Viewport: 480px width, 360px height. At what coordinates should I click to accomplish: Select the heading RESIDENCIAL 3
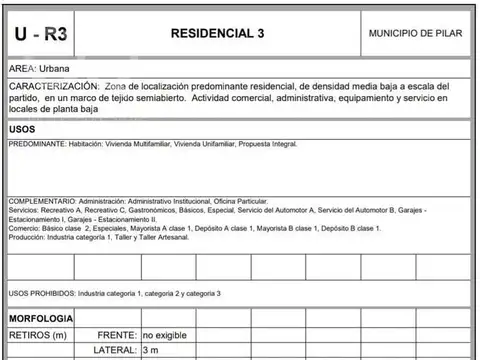(218, 33)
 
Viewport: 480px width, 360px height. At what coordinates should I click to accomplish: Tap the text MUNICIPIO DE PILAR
(415, 33)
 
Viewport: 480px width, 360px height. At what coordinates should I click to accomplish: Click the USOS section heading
(23, 130)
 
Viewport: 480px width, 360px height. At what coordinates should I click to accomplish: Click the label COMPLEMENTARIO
(41, 201)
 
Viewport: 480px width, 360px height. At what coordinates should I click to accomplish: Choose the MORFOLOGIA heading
(41, 317)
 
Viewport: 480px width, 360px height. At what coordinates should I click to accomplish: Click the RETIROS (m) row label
(37, 334)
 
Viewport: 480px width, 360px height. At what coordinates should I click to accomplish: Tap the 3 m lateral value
(151, 351)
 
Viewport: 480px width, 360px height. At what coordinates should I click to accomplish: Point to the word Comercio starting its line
(25, 228)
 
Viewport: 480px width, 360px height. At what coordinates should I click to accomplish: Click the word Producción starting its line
(27, 237)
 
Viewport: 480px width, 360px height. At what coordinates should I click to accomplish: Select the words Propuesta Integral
(268, 144)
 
